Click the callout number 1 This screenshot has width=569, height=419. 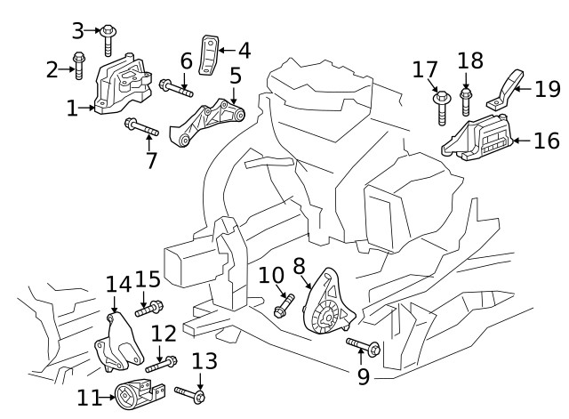click(72, 109)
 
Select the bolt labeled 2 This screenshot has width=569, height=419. click(77, 66)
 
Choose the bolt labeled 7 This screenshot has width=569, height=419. click(140, 128)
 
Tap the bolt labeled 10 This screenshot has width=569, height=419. click(284, 305)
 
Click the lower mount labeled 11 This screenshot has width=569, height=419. click(139, 393)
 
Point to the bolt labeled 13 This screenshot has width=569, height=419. click(191, 393)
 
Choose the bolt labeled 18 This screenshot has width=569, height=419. click(466, 100)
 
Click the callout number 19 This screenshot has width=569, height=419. click(548, 88)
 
